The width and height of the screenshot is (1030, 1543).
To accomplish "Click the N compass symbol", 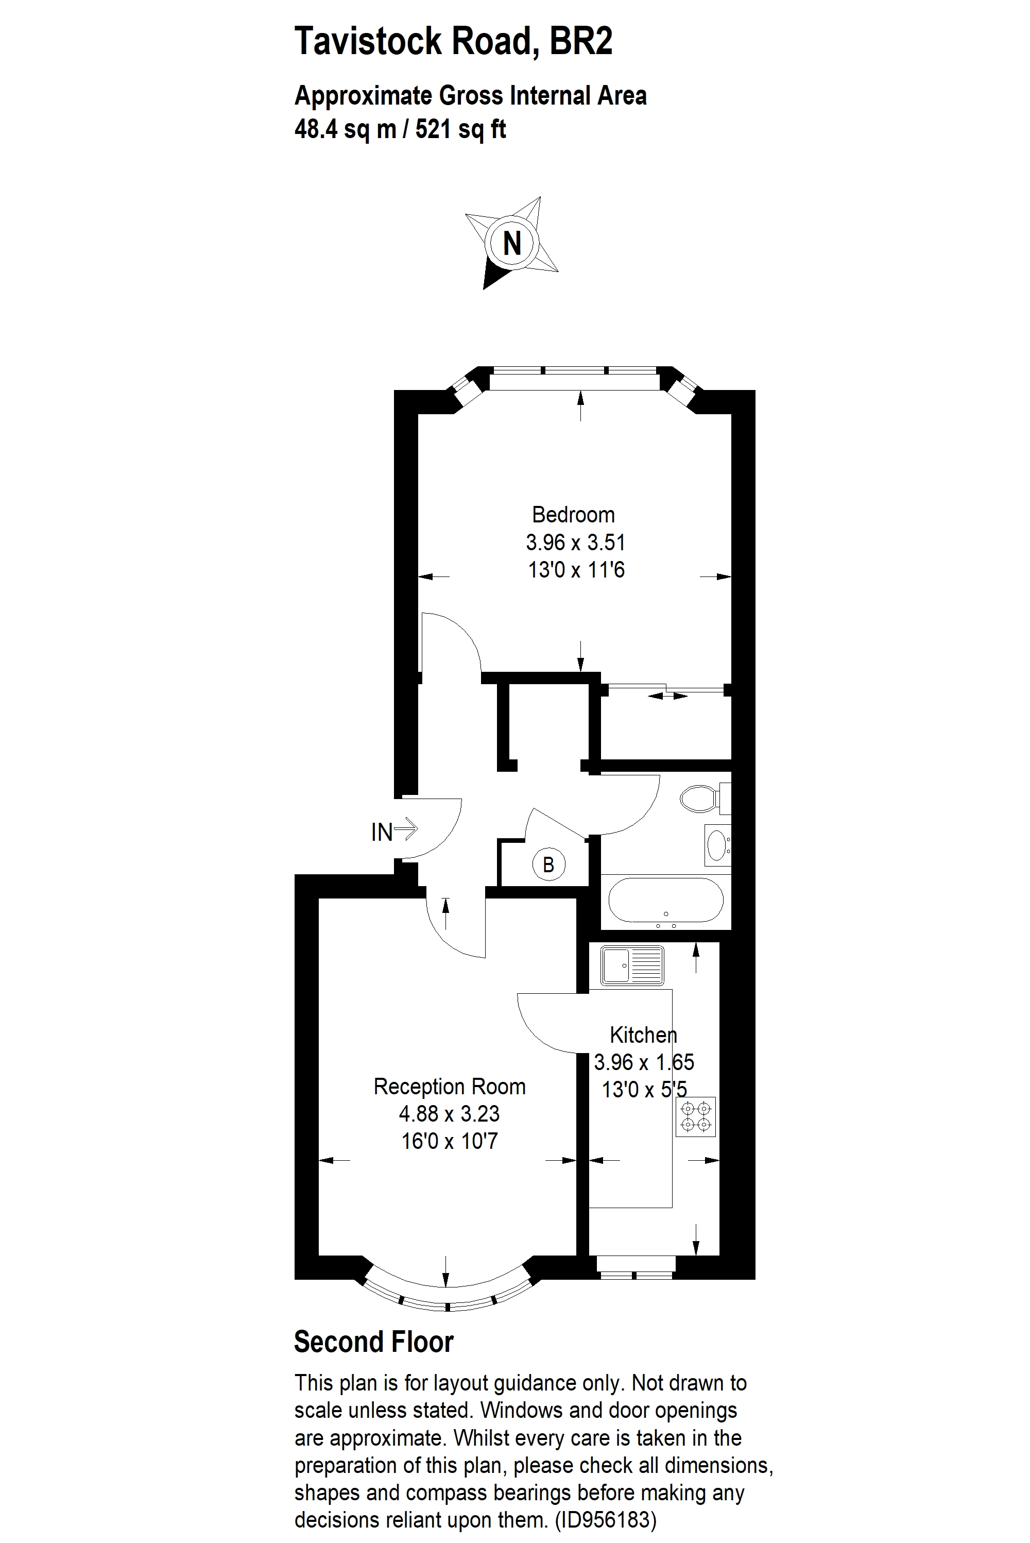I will pos(512,243).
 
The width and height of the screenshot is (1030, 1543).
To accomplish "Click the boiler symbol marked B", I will pos(548,864).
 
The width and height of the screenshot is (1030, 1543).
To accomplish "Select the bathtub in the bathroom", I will pos(665,901).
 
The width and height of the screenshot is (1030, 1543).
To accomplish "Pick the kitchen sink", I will pos(632,965).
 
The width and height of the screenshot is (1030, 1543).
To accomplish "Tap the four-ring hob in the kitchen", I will pos(696,1116).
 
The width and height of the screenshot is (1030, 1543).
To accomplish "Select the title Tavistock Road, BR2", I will pos(453,41).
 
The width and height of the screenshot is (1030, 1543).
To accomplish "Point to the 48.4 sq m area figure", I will pos(345,129).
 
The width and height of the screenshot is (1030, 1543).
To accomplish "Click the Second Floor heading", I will pos(373,1342).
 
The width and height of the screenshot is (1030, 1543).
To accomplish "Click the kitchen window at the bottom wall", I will pos(636,1266).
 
